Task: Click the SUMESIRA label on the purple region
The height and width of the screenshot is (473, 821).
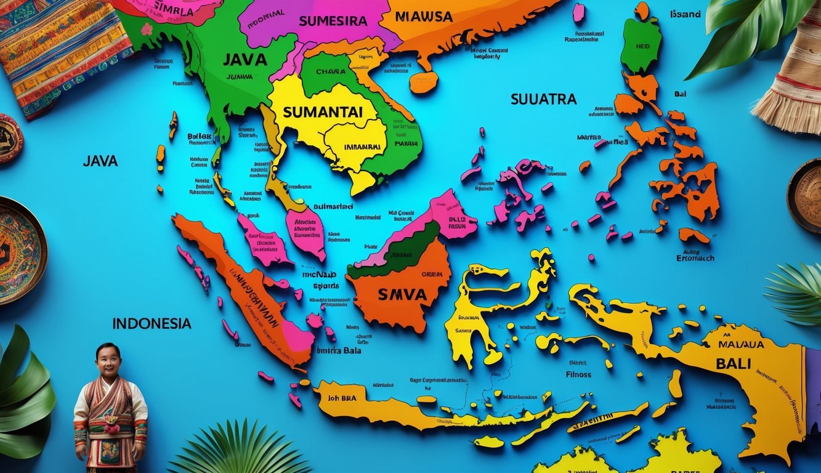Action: click(x=333, y=20)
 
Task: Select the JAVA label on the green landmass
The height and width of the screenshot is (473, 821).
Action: click(x=245, y=60)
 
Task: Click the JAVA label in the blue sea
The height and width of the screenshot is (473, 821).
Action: click(x=100, y=161)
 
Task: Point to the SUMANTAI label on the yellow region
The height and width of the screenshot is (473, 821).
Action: click(x=322, y=112)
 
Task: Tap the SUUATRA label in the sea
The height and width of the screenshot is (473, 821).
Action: click(x=543, y=99)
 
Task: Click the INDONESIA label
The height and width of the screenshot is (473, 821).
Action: click(x=152, y=323)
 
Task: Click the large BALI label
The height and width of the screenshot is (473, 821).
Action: click(x=733, y=363)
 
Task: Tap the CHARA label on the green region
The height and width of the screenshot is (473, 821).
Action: click(x=331, y=71)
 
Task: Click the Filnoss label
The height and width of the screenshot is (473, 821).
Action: click(x=578, y=374)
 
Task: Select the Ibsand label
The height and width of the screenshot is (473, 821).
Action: click(x=685, y=14)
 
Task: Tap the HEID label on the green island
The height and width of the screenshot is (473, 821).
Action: click(x=642, y=46)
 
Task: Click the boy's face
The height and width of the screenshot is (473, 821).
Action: click(x=108, y=360)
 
